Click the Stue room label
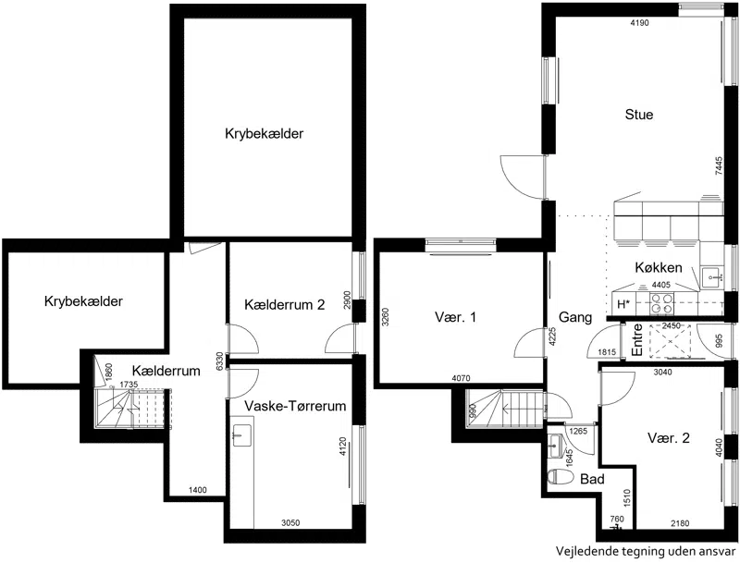pos(639,115)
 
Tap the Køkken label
pos(659,267)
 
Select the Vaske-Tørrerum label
pos(295,406)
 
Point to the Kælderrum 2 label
pos(285,304)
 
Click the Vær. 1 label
pos(455,317)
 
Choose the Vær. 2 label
pos(668,438)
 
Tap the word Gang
pos(575,317)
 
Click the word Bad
pos(592,479)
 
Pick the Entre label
pos(637,339)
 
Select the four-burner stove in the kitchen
pos(661,303)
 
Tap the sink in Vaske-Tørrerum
pos(242,434)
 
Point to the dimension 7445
pos(719,166)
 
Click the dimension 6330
pos(218,362)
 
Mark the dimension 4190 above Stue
pos(639,22)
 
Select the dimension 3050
pos(290,522)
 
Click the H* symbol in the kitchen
pos(623,304)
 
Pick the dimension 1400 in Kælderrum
pos(198,490)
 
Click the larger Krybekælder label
pos(264,133)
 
